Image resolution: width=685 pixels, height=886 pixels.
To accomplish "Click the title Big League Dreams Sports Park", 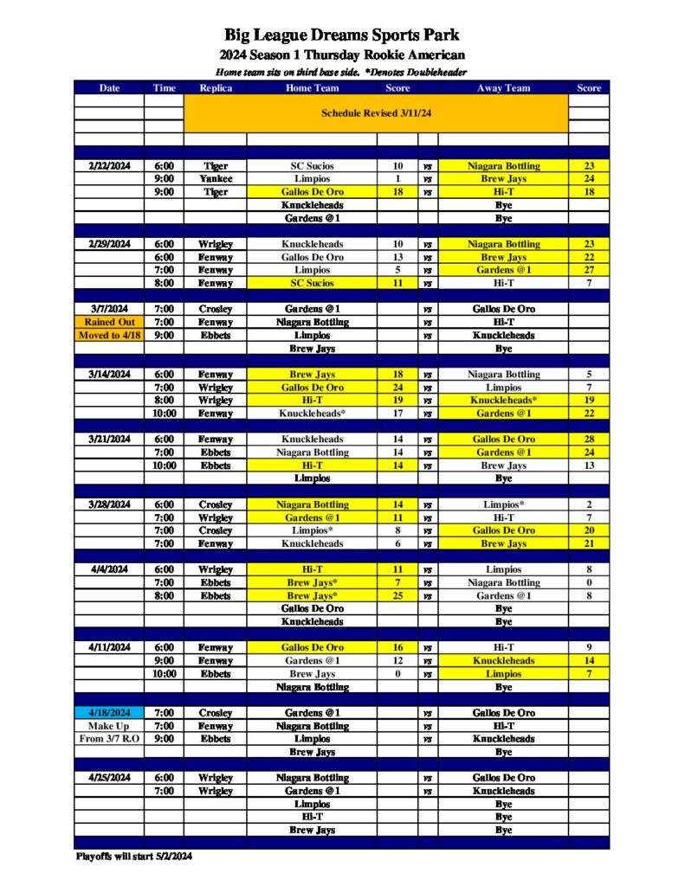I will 342,35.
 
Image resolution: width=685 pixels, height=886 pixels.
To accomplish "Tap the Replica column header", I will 216,87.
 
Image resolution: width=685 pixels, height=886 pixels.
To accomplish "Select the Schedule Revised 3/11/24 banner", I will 376,113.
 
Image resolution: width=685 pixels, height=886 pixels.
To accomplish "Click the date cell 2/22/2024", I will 109,166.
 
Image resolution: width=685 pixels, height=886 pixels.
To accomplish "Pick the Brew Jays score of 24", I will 589,179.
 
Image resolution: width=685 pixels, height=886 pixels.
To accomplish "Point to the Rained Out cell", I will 109,322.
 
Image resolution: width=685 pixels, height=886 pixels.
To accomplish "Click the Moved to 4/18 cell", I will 109,335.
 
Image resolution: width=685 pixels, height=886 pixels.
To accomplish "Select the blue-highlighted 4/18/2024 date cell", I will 109,713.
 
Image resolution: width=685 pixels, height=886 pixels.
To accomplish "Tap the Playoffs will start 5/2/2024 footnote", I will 133,857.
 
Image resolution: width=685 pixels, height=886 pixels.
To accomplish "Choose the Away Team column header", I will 503,87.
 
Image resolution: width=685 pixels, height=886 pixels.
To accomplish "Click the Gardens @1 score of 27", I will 589,270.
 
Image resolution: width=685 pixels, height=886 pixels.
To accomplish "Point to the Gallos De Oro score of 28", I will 589,440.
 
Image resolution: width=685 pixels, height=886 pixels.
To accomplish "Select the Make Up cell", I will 109,726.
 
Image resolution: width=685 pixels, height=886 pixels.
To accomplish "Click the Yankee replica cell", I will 216,179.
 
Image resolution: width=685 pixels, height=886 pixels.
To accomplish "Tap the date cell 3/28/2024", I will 109,504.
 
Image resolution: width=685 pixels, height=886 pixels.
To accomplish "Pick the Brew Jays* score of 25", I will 397,596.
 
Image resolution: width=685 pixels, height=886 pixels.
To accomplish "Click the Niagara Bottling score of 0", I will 589,583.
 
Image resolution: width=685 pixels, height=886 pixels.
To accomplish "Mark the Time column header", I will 164,87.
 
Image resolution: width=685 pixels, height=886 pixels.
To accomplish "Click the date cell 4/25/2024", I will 109,778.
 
